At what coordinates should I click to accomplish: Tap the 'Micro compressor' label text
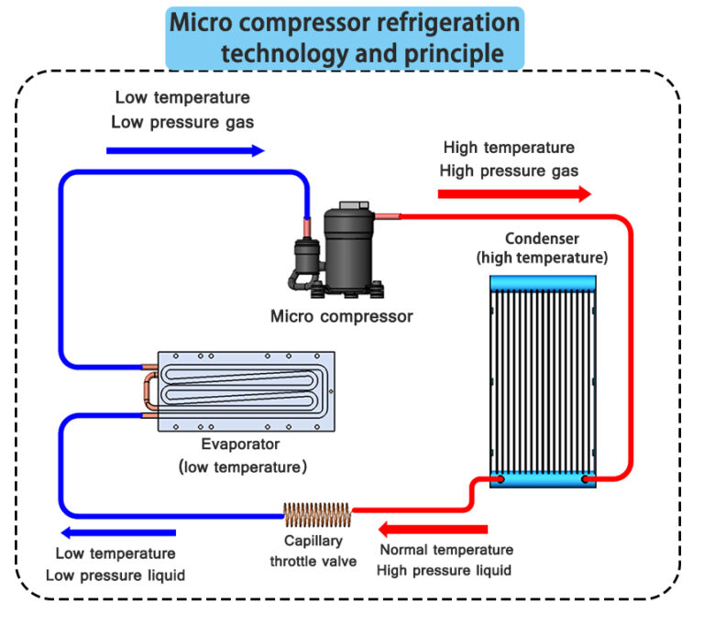pos(341,316)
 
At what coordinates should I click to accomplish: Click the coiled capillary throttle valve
pos(317,515)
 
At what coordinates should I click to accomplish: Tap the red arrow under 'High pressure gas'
pos(514,193)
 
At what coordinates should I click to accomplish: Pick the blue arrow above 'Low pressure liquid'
pos(115,532)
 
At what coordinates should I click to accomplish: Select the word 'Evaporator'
pos(242,444)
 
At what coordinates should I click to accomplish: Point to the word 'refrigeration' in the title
pos(441,21)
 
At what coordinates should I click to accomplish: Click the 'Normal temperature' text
pos(445,551)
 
